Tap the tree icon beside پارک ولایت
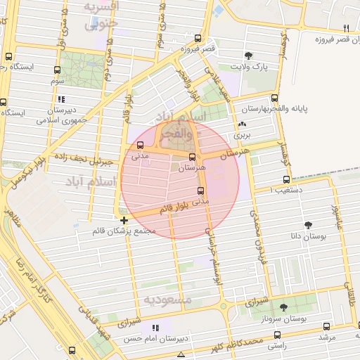pos(247,56)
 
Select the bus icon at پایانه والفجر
pos(274,98)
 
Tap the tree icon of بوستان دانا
pos(308,224)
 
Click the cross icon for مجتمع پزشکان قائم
pos(124,220)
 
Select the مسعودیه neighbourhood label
pos(168,300)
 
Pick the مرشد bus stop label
pos(326,337)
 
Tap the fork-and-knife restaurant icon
pos(346,28)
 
